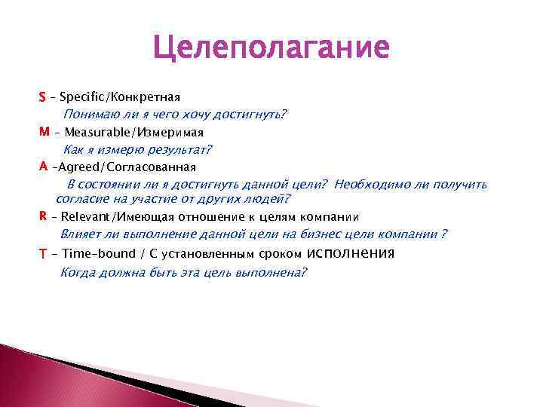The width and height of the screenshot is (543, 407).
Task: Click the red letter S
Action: click(42, 97)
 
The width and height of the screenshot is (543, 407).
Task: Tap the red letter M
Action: click(44, 132)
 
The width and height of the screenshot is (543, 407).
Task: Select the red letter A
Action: click(43, 166)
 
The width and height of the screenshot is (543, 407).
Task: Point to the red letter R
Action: click(42, 216)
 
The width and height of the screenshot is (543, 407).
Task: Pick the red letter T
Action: click(43, 254)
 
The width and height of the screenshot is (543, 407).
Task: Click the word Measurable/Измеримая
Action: click(129, 132)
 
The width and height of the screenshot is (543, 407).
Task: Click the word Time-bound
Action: click(99, 254)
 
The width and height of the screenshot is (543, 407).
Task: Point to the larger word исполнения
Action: click(351, 252)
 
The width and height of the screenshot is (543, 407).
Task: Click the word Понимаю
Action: click(90, 115)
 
